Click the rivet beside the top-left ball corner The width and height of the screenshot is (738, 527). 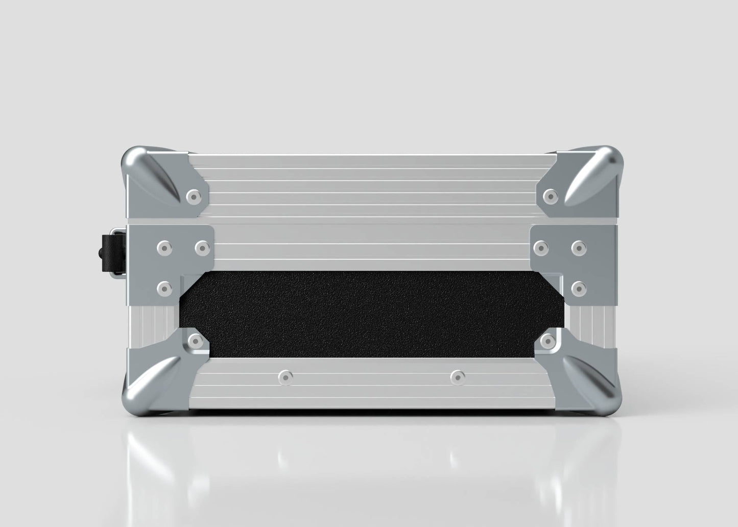pyautogui.click(x=193, y=196)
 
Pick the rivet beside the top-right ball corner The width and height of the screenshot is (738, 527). pyautogui.click(x=550, y=195)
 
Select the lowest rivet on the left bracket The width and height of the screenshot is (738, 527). pyautogui.click(x=164, y=289)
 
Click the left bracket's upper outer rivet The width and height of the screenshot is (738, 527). pyautogui.click(x=164, y=248)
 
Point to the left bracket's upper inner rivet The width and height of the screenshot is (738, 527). pyautogui.click(x=203, y=248)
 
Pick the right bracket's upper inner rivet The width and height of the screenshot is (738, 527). pyautogui.click(x=539, y=248)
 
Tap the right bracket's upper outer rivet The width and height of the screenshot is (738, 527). pyautogui.click(x=578, y=248)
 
